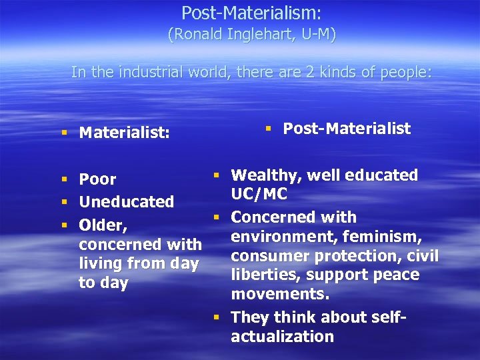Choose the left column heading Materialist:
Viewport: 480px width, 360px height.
(124, 133)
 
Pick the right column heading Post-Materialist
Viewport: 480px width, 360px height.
(347, 129)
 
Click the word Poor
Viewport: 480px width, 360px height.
(97, 179)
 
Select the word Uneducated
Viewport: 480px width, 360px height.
(126, 201)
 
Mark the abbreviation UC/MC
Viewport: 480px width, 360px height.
(259, 194)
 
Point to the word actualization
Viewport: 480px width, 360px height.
(282, 336)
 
